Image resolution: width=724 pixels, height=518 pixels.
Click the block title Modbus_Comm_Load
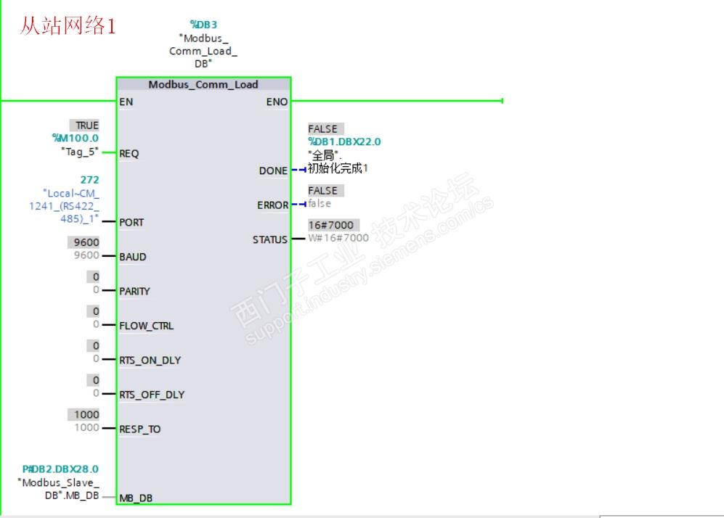click(203, 84)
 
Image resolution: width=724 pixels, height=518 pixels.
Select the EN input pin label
click(126, 102)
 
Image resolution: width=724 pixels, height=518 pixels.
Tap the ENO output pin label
click(277, 102)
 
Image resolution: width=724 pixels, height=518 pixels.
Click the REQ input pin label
click(129, 153)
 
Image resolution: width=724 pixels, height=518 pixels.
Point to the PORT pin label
click(131, 222)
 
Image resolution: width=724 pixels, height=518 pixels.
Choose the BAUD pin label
click(133, 257)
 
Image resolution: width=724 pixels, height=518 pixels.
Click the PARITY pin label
click(135, 291)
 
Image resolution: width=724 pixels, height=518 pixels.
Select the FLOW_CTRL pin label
click(147, 326)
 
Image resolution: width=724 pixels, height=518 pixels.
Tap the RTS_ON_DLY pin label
click(150, 360)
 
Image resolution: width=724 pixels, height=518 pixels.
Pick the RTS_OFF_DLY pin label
click(152, 395)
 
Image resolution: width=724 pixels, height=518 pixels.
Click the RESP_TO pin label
click(140, 429)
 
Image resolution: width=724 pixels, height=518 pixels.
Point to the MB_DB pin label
click(136, 498)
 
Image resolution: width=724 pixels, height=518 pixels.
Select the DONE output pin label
click(273, 170)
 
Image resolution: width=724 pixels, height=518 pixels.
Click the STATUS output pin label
click(270, 239)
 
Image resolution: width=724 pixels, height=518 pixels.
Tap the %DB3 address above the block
click(203, 25)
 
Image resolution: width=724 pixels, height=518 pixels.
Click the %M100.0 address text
click(76, 138)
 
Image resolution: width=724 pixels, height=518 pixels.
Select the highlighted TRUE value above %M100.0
click(86, 126)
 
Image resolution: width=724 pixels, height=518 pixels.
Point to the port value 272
click(90, 179)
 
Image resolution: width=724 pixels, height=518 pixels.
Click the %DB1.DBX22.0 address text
click(344, 141)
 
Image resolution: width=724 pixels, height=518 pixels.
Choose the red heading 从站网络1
click(68, 26)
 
